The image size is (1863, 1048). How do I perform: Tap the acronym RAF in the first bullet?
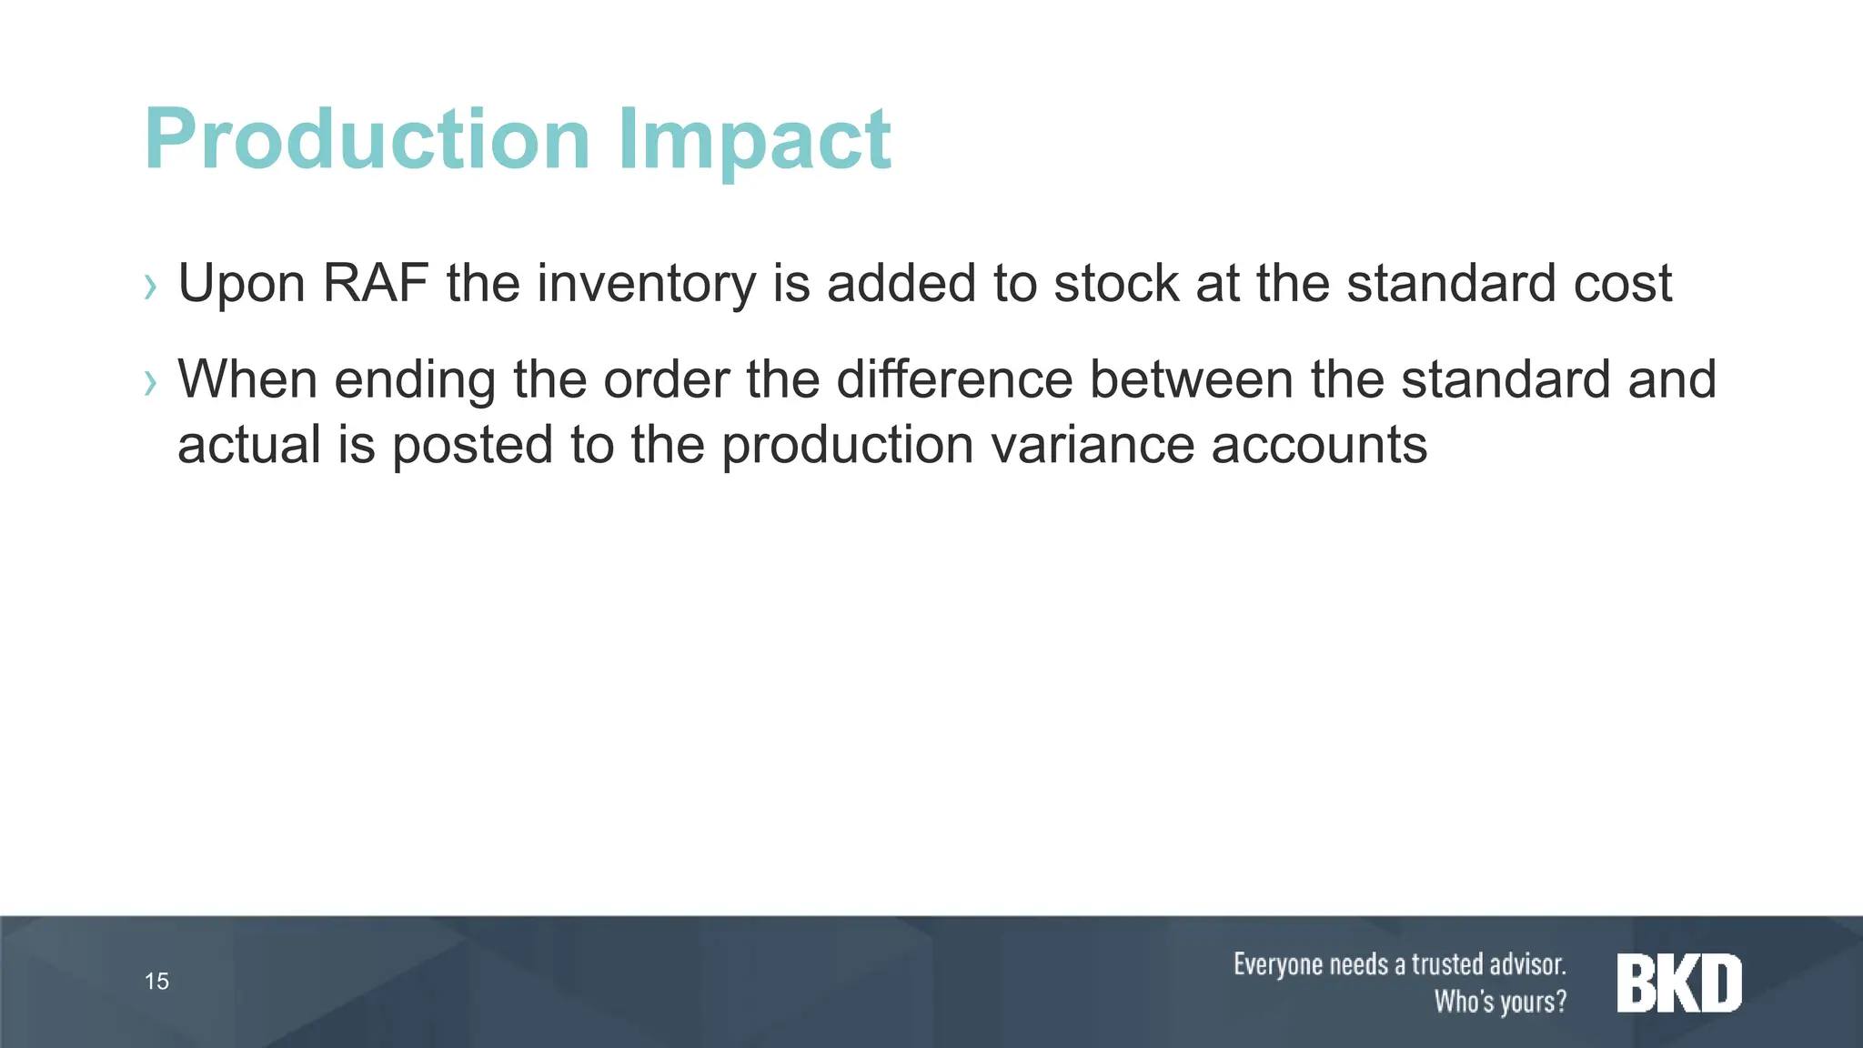click(x=376, y=283)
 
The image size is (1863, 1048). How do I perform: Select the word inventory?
click(x=646, y=283)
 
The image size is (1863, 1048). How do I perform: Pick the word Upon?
click(x=241, y=283)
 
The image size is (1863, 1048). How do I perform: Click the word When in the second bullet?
click(x=247, y=379)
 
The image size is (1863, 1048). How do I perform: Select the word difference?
click(x=954, y=379)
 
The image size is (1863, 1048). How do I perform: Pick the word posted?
click(x=473, y=445)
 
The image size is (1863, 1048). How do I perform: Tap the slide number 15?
click(x=156, y=982)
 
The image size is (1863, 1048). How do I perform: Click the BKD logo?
click(x=1679, y=982)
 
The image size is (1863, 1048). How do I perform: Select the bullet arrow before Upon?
click(x=151, y=287)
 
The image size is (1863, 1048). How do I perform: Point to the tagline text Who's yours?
click(x=1501, y=1002)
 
